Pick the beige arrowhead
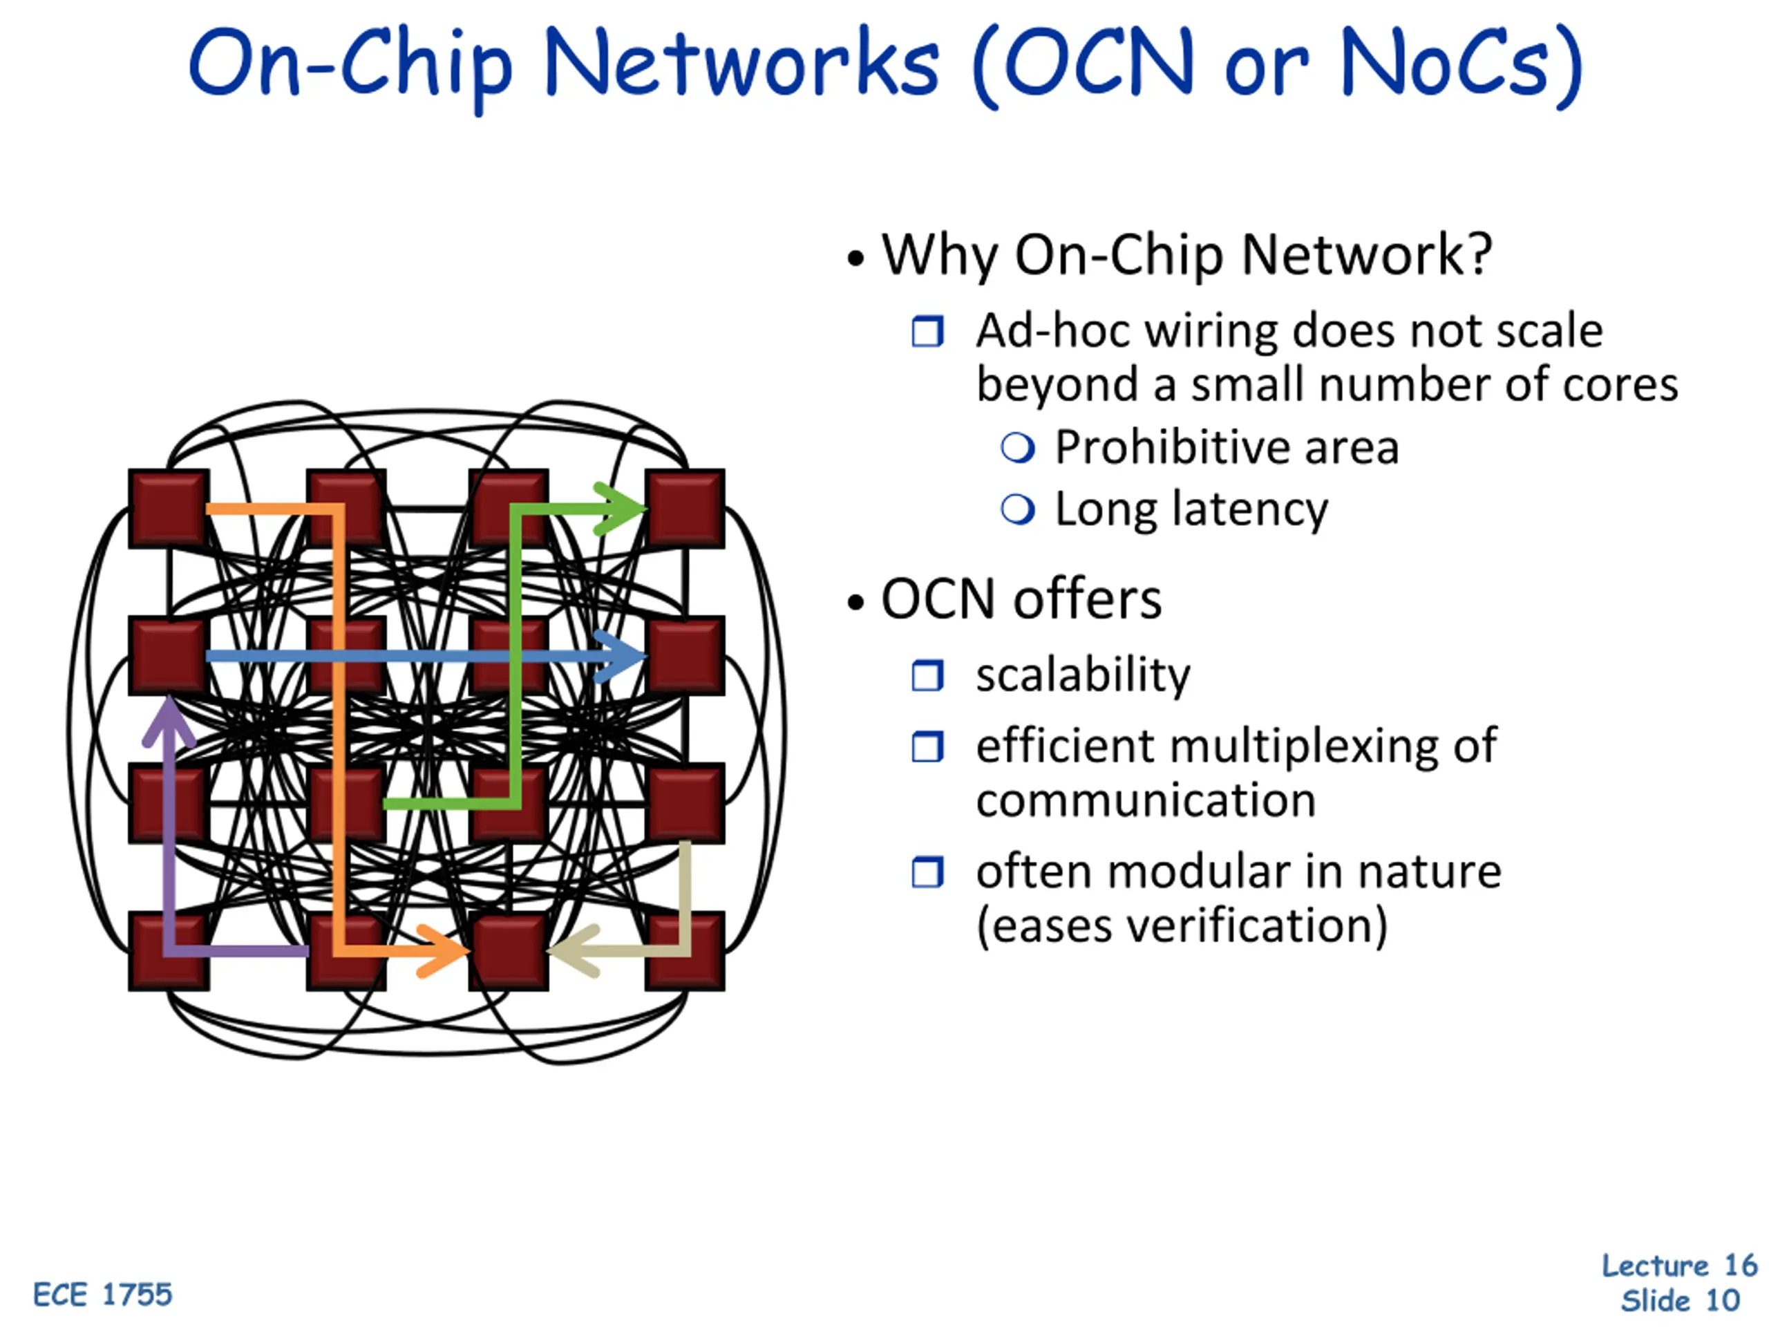pos(573,951)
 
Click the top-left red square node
pos(169,509)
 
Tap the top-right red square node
pos(685,509)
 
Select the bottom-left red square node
pos(169,951)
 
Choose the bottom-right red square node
pos(685,951)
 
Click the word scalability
pos(1083,676)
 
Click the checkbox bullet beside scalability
pos(927,676)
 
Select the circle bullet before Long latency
pos(1017,509)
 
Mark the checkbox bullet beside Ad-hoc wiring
pos(927,331)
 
